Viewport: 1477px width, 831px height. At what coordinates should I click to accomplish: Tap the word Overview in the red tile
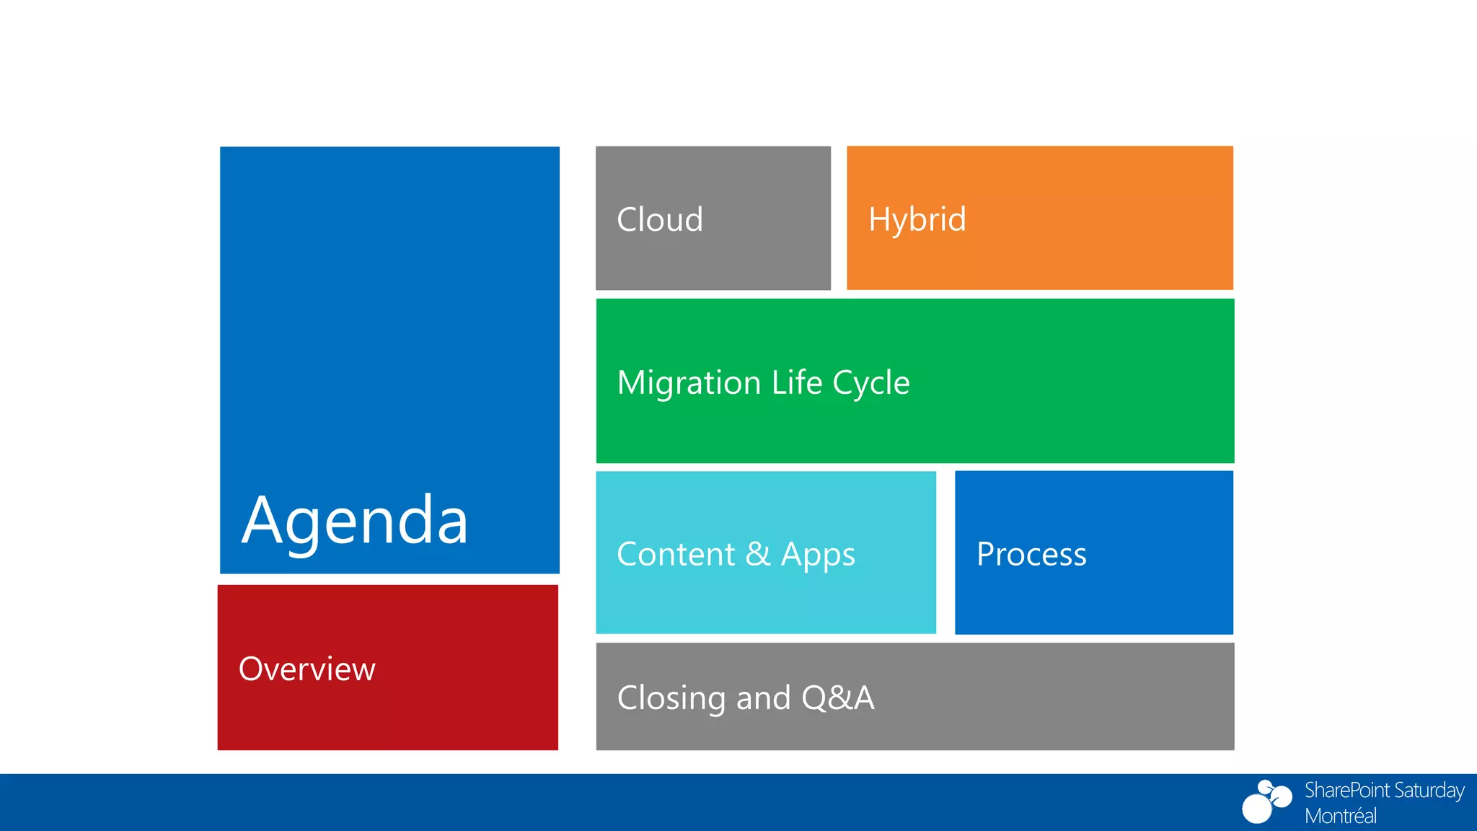307,669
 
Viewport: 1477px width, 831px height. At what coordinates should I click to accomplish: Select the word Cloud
660,220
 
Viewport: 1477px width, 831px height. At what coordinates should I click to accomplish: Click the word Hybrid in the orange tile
917,220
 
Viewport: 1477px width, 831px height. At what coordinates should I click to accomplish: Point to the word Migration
689,383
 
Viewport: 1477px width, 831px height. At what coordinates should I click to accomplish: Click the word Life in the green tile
797,382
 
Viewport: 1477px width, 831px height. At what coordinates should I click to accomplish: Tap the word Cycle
871,383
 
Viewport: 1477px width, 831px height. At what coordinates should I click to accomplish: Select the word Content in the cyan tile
676,555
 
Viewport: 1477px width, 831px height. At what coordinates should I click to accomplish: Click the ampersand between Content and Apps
758,554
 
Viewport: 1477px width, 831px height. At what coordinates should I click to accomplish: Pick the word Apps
818,555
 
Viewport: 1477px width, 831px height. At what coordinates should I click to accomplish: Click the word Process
1031,555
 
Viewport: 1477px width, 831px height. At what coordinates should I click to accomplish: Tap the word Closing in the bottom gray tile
671,698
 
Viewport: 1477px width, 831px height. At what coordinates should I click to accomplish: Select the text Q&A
837,698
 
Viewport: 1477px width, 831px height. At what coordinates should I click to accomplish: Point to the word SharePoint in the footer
1346,791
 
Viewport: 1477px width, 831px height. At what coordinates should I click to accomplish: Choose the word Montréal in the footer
1340,816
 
